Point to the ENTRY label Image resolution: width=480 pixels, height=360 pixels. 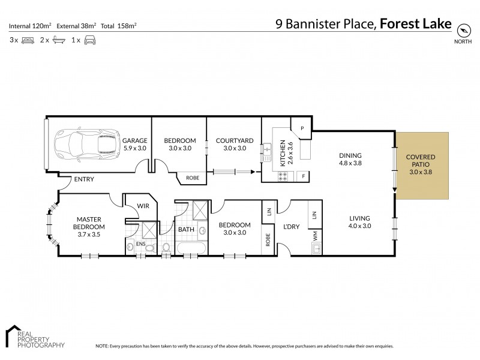click(83, 179)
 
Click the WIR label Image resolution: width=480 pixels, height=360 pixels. click(144, 206)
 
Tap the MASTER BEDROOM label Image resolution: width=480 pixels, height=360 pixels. click(89, 223)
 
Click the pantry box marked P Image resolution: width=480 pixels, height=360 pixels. click(302, 128)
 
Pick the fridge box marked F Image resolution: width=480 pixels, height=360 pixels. click(302, 176)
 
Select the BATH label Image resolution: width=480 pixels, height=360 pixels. click(185, 229)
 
